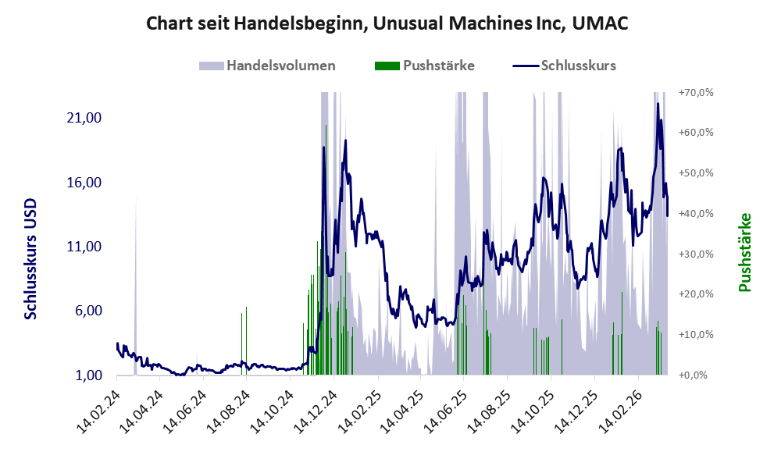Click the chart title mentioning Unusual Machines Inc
[x=387, y=24]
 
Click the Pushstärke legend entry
[x=425, y=66]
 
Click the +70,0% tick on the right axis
[x=697, y=92]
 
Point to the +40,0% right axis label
[x=697, y=213]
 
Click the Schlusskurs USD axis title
[x=31, y=258]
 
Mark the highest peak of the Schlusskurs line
[x=658, y=103]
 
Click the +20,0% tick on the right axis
[x=697, y=294]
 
